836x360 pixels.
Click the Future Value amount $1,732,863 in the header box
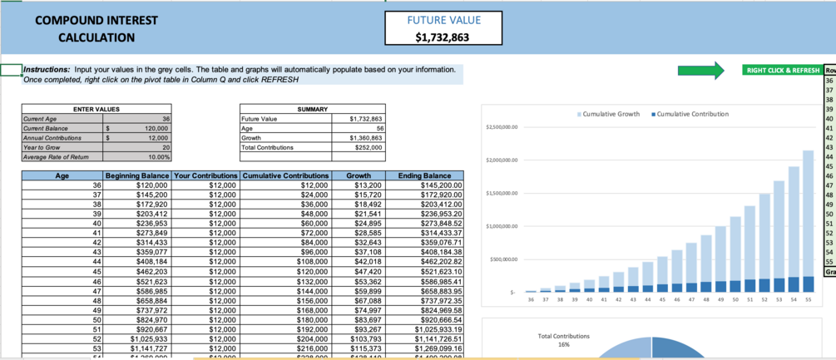pos(443,37)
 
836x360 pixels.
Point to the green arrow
pos(700,71)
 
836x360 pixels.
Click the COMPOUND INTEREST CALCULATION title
pos(96,28)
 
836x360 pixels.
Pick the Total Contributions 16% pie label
pos(565,340)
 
